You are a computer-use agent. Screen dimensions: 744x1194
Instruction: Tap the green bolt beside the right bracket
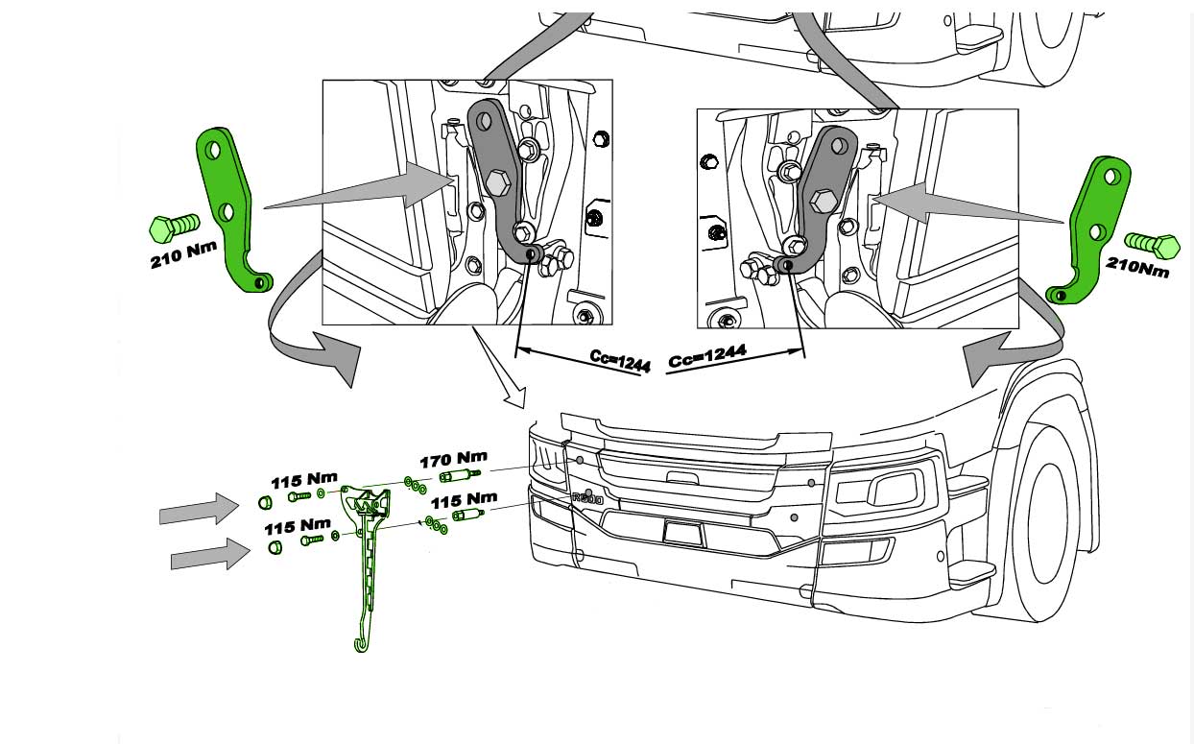tap(1152, 245)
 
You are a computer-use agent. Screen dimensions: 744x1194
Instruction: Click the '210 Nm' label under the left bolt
tap(184, 255)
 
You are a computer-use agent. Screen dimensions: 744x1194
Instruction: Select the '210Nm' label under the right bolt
tap(1137, 266)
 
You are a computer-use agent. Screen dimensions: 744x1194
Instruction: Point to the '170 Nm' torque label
tap(453, 459)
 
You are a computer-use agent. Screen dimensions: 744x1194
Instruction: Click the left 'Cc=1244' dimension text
tap(620, 361)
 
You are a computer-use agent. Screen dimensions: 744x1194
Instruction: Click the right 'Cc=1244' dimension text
tap(707, 357)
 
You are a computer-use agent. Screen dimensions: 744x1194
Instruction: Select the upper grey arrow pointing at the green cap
tap(200, 509)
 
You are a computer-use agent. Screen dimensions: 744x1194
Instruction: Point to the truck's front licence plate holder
tap(682, 531)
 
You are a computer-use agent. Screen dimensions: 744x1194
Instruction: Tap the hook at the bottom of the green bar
tap(361, 641)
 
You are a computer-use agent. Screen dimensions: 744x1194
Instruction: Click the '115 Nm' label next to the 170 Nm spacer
tap(464, 501)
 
